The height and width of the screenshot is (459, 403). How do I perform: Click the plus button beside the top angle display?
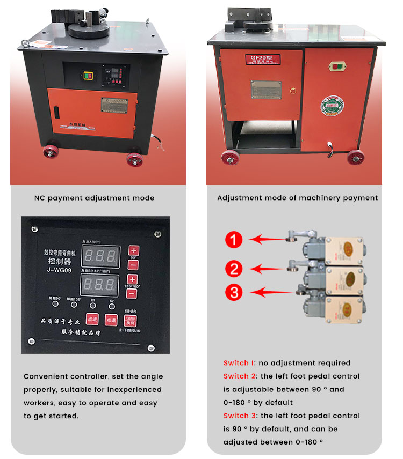coord(134,250)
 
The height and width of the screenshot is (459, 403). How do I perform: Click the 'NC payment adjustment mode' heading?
coord(94,198)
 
